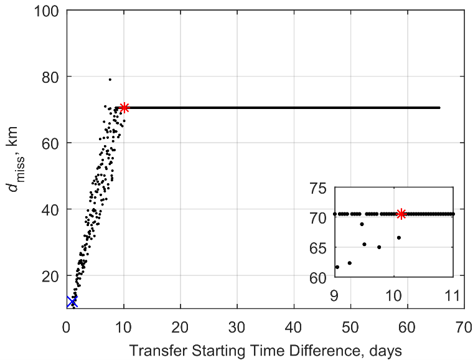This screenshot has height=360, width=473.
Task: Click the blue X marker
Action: coord(72,301)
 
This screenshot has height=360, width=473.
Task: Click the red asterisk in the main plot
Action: coord(124,108)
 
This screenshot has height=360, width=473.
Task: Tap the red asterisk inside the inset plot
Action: coord(401,214)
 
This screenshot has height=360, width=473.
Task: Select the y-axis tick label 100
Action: coord(49,11)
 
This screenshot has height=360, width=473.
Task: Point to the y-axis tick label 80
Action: coord(52,77)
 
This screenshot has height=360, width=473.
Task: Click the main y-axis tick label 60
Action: coord(52,143)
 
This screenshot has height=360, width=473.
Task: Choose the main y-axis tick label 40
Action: coord(52,209)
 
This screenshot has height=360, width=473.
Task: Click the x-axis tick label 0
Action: coord(67,324)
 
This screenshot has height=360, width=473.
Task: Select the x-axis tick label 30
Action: coord(237,324)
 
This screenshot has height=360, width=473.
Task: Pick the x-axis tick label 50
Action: coord(350,324)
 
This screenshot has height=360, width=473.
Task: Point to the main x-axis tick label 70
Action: coord(464,324)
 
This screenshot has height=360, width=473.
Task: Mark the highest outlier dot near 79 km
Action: coord(110,80)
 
